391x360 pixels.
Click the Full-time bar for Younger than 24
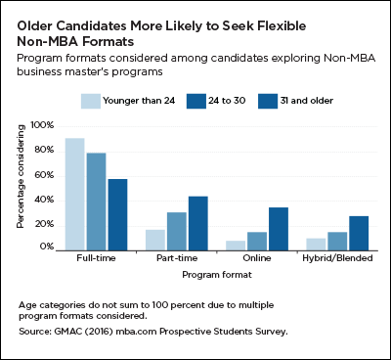click(x=74, y=194)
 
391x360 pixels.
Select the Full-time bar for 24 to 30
click(x=96, y=201)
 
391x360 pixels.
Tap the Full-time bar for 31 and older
click(x=117, y=213)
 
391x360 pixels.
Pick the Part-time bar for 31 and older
click(x=197, y=222)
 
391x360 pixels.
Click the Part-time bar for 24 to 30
click(x=176, y=230)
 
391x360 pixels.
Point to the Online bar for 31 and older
click(x=278, y=228)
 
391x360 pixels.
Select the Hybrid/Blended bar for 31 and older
click(x=358, y=233)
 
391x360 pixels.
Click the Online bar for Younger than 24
click(x=235, y=245)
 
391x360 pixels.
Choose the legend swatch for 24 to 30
click(x=196, y=100)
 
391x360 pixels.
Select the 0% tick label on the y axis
click(x=45, y=248)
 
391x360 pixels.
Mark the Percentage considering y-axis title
click(x=20, y=186)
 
